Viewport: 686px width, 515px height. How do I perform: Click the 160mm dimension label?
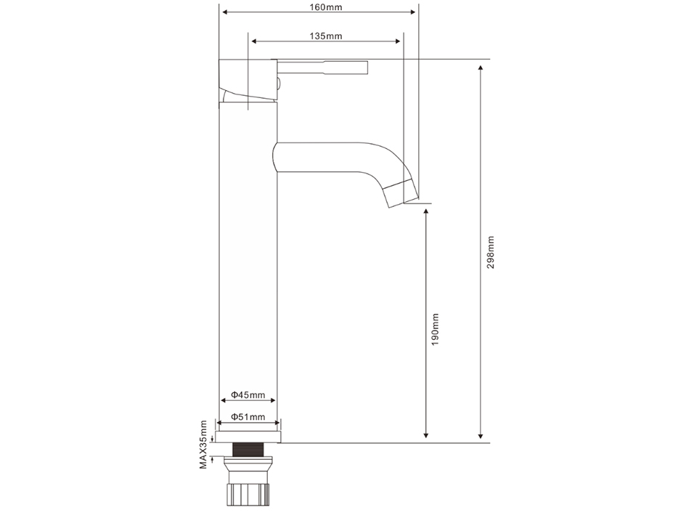coord(326,7)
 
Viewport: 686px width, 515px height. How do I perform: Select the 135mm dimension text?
coord(326,36)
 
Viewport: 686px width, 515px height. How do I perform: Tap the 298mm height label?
coord(491,252)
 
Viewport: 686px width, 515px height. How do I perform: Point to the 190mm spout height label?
coord(435,329)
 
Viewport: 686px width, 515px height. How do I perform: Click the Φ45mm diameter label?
coord(248,394)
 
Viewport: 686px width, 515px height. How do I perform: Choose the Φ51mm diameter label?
coord(248,416)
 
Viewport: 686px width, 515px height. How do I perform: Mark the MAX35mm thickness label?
coord(203,445)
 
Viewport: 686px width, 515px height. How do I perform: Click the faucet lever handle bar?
coord(322,68)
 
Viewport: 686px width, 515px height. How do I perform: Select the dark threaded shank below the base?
coord(248,450)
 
